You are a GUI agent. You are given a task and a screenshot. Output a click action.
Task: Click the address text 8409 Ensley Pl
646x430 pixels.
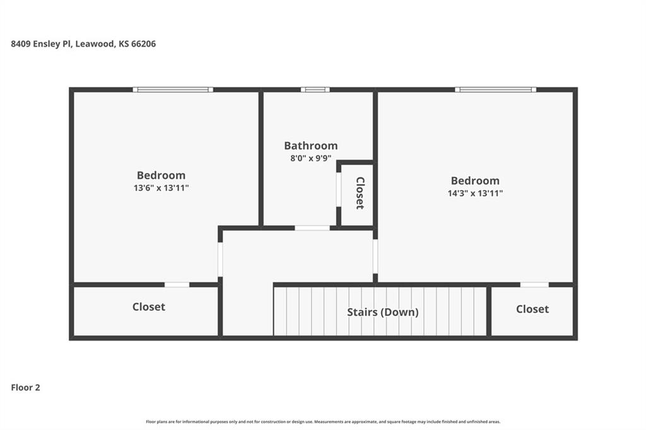pos(42,44)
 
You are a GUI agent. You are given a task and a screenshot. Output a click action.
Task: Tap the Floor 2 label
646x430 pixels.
pos(25,388)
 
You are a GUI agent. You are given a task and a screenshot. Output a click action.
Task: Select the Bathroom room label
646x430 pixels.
pos(311,146)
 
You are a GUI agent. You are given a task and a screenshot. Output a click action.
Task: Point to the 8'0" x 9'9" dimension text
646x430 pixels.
pos(311,158)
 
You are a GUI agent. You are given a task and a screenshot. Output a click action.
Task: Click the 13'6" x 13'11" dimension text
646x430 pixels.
pos(161,188)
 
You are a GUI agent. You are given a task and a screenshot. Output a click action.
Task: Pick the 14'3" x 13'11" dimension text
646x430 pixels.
pos(475,193)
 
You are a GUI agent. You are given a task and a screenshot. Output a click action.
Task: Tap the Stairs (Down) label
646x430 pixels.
pos(383,312)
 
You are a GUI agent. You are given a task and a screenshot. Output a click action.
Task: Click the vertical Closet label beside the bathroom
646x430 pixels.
pos(360,193)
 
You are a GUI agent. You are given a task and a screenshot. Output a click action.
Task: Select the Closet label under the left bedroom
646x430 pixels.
pos(149,307)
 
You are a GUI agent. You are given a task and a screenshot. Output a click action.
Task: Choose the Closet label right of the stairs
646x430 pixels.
pos(532,310)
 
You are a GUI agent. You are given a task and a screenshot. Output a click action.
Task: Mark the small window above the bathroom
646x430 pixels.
pos(315,90)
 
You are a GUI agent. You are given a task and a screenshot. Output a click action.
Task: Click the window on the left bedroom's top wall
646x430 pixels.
pos(173,90)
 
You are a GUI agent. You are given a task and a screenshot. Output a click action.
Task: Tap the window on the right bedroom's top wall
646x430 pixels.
pos(496,90)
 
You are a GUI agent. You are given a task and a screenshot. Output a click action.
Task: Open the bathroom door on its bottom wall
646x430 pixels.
pos(312,228)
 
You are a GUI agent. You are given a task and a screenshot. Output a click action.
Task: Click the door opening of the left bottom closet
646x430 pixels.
pos(177,284)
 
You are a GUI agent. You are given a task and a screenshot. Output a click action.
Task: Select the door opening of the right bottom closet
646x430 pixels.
pos(534,284)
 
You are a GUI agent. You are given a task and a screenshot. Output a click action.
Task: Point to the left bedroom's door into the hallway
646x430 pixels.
pos(220,260)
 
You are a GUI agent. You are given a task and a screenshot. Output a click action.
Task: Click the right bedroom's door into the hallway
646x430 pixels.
pos(375,256)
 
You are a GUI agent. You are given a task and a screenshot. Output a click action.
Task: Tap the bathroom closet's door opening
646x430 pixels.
pos(339,189)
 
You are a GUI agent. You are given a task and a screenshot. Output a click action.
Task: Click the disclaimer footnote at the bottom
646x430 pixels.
pos(323,422)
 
